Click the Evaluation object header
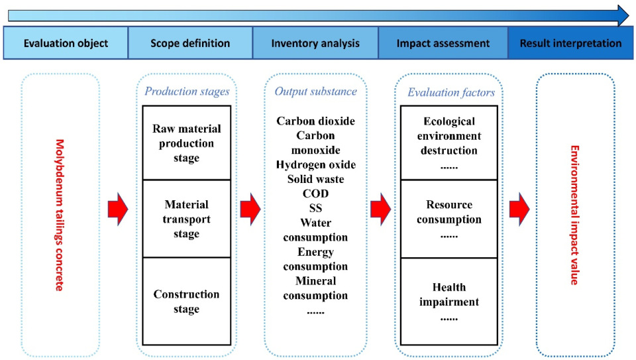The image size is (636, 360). click(x=66, y=44)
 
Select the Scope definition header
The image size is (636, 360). click(x=190, y=44)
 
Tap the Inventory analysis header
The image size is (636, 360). click(x=315, y=44)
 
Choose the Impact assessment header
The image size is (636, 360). click(x=443, y=44)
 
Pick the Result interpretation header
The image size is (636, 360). click(x=571, y=44)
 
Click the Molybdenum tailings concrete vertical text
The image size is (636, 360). click(x=59, y=215)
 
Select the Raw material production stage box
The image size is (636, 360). click(x=186, y=143)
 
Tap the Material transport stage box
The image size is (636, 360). click(x=186, y=219)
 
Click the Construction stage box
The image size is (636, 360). click(x=186, y=301)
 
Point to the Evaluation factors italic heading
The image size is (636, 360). click(x=451, y=92)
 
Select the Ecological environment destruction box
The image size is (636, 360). click(x=449, y=142)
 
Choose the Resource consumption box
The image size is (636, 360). click(x=449, y=219)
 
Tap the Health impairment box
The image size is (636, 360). click(x=449, y=301)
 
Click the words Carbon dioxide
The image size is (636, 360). click(x=316, y=121)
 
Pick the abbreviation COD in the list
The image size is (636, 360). click(x=316, y=193)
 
